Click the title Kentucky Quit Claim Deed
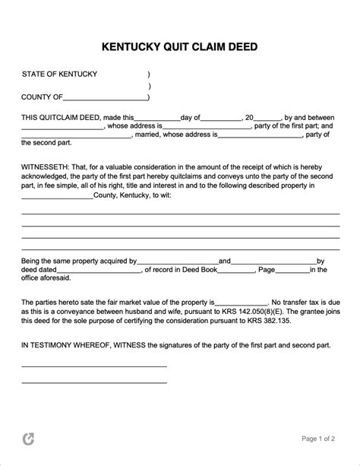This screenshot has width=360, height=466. (x=179, y=46)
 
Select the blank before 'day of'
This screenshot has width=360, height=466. (x=157, y=119)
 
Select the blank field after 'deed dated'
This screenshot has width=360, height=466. (x=99, y=270)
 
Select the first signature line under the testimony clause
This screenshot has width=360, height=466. (x=93, y=366)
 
